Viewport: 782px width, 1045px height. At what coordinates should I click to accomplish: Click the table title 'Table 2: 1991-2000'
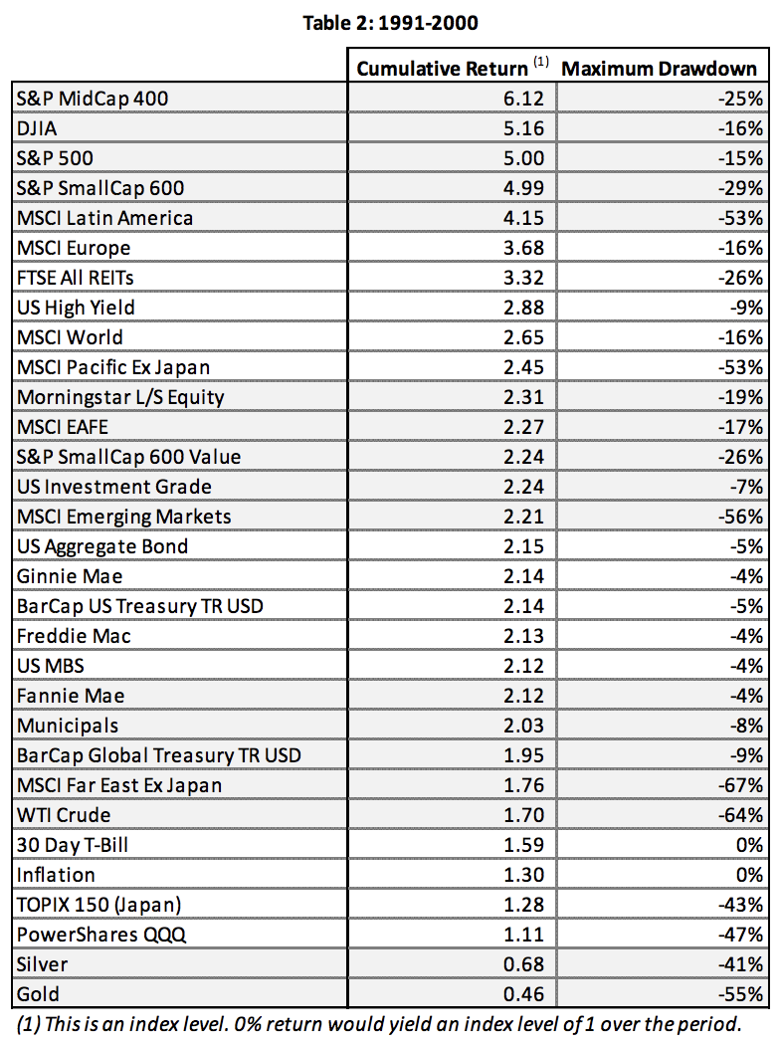click(390, 23)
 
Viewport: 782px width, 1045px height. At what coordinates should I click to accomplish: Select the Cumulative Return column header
click(443, 69)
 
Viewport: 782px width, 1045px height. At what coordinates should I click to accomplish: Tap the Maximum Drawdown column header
click(660, 69)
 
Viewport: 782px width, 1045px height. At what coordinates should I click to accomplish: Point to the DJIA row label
click(36, 128)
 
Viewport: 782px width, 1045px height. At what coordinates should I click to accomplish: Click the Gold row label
click(38, 994)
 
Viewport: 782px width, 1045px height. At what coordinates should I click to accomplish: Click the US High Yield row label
click(76, 308)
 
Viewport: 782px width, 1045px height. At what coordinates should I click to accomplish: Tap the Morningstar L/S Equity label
click(120, 397)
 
